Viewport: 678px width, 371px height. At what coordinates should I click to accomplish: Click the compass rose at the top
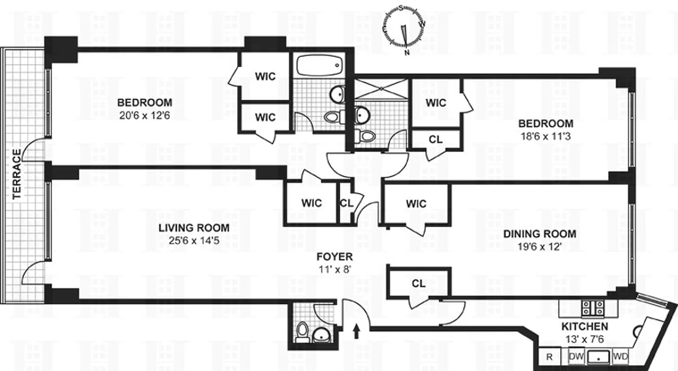[404, 27]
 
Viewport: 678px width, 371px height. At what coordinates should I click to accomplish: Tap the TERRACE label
[17, 174]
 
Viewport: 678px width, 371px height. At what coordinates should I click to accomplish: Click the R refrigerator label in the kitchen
[549, 357]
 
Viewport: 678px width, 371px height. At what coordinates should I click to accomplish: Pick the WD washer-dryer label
[620, 357]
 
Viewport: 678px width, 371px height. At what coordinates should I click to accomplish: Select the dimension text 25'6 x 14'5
[194, 240]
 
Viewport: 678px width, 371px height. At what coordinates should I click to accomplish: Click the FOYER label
[335, 257]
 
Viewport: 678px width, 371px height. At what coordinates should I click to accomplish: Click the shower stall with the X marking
[381, 89]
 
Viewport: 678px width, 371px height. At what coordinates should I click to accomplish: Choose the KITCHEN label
[585, 326]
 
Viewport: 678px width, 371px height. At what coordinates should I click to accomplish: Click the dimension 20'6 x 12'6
[144, 115]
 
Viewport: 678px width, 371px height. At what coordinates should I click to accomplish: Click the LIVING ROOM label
[194, 228]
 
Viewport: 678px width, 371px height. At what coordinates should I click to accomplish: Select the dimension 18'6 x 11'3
[546, 137]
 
